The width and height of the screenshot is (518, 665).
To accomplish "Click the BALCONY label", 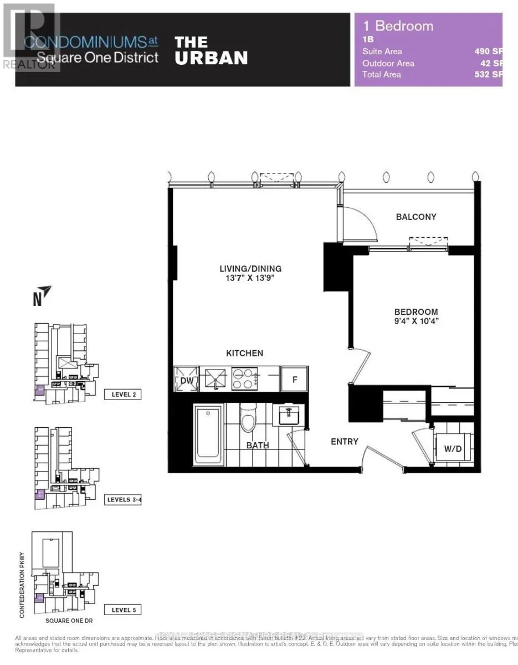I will (x=416, y=217).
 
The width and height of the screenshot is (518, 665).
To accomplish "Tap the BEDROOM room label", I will (x=416, y=312).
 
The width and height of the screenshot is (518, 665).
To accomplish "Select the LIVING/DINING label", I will (x=247, y=269).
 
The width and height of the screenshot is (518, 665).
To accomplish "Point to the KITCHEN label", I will (x=244, y=353).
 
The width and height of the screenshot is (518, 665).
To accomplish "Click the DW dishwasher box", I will (x=184, y=380).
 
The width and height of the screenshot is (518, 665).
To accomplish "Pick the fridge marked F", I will (x=294, y=380).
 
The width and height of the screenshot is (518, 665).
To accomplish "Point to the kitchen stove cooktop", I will (x=243, y=380).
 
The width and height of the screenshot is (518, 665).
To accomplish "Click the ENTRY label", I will (x=344, y=442).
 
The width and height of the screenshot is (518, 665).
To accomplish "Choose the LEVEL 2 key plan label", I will (x=122, y=395).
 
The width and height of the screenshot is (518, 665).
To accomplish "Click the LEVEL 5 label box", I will (x=122, y=610).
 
